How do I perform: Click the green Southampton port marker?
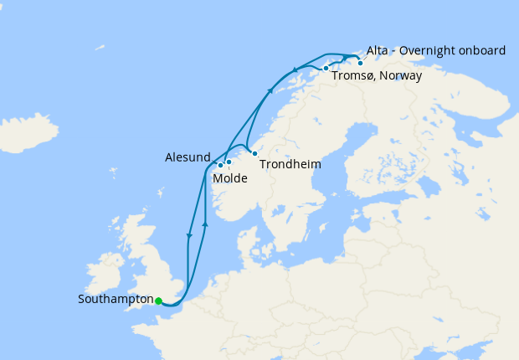tap(158, 301)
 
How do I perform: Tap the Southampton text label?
tap(116, 299)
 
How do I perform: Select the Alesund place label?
tap(188, 157)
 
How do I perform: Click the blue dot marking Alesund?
tap(220, 165)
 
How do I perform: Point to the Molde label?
tap(229, 178)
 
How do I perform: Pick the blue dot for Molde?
tap(229, 162)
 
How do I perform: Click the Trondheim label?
tap(290, 164)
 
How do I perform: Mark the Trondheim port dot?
tap(254, 153)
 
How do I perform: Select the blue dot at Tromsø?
tap(326, 68)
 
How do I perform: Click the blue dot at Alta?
tap(361, 63)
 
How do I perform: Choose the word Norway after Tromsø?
tap(401, 75)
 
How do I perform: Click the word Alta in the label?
tap(378, 50)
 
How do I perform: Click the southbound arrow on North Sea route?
tap(190, 236)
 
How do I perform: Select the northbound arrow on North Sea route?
tap(205, 224)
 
